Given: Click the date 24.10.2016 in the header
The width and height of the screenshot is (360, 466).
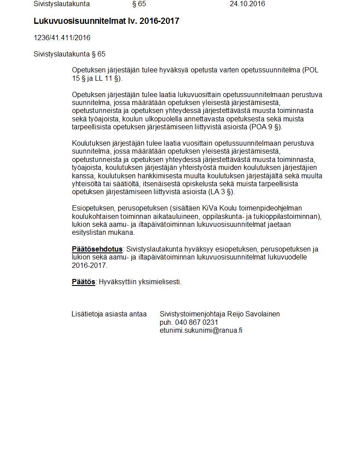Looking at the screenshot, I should point(247,4).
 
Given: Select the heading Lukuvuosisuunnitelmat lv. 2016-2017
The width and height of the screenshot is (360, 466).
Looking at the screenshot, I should point(106,21).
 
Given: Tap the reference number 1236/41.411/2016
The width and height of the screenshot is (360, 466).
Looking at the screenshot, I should point(62,38).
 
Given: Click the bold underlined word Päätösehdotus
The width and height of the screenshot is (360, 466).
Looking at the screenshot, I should point(97,249).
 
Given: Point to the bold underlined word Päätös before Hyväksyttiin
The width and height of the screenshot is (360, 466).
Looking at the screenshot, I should point(83,282).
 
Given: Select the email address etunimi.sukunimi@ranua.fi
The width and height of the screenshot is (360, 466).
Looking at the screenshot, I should point(201,331).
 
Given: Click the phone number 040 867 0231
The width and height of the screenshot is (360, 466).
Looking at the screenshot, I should point(197,323).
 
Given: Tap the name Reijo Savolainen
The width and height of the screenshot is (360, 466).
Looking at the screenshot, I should point(253,314).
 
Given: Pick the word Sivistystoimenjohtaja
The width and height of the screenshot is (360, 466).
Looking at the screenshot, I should point(192,314).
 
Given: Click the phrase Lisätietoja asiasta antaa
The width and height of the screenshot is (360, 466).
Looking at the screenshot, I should point(109,314).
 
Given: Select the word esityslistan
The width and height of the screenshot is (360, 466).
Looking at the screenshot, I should point(90,233).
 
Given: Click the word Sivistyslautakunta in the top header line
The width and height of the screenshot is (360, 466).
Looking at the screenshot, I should point(62,4).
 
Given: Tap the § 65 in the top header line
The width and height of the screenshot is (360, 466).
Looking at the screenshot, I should point(139,4).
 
